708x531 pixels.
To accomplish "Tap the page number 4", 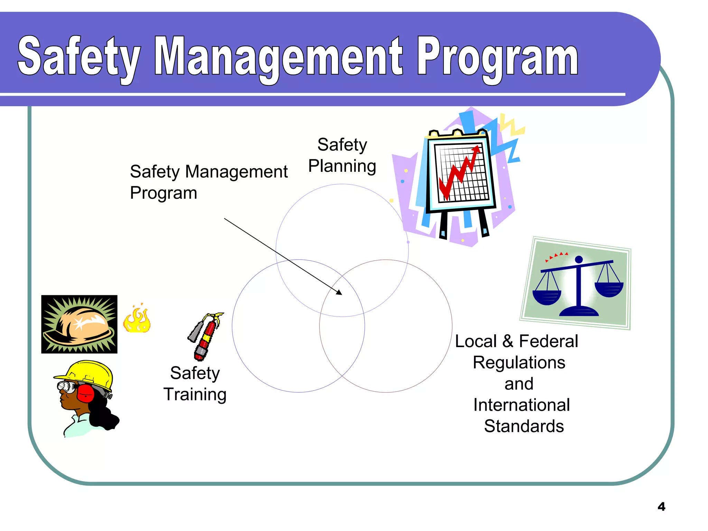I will [x=661, y=506].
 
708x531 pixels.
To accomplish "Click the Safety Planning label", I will [x=342, y=155].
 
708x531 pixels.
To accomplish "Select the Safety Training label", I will [x=195, y=384].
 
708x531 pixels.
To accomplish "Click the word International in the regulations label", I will [x=521, y=405].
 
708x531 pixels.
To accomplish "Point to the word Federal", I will [x=548, y=341].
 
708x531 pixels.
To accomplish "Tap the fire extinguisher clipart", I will [x=206, y=336].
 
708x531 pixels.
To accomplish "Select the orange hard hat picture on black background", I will [x=79, y=324].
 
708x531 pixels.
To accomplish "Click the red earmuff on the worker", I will [x=85, y=393].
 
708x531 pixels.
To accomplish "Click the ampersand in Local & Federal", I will [x=507, y=341].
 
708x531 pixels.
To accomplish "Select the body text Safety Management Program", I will [x=208, y=182].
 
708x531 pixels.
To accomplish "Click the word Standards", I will [x=524, y=426].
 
